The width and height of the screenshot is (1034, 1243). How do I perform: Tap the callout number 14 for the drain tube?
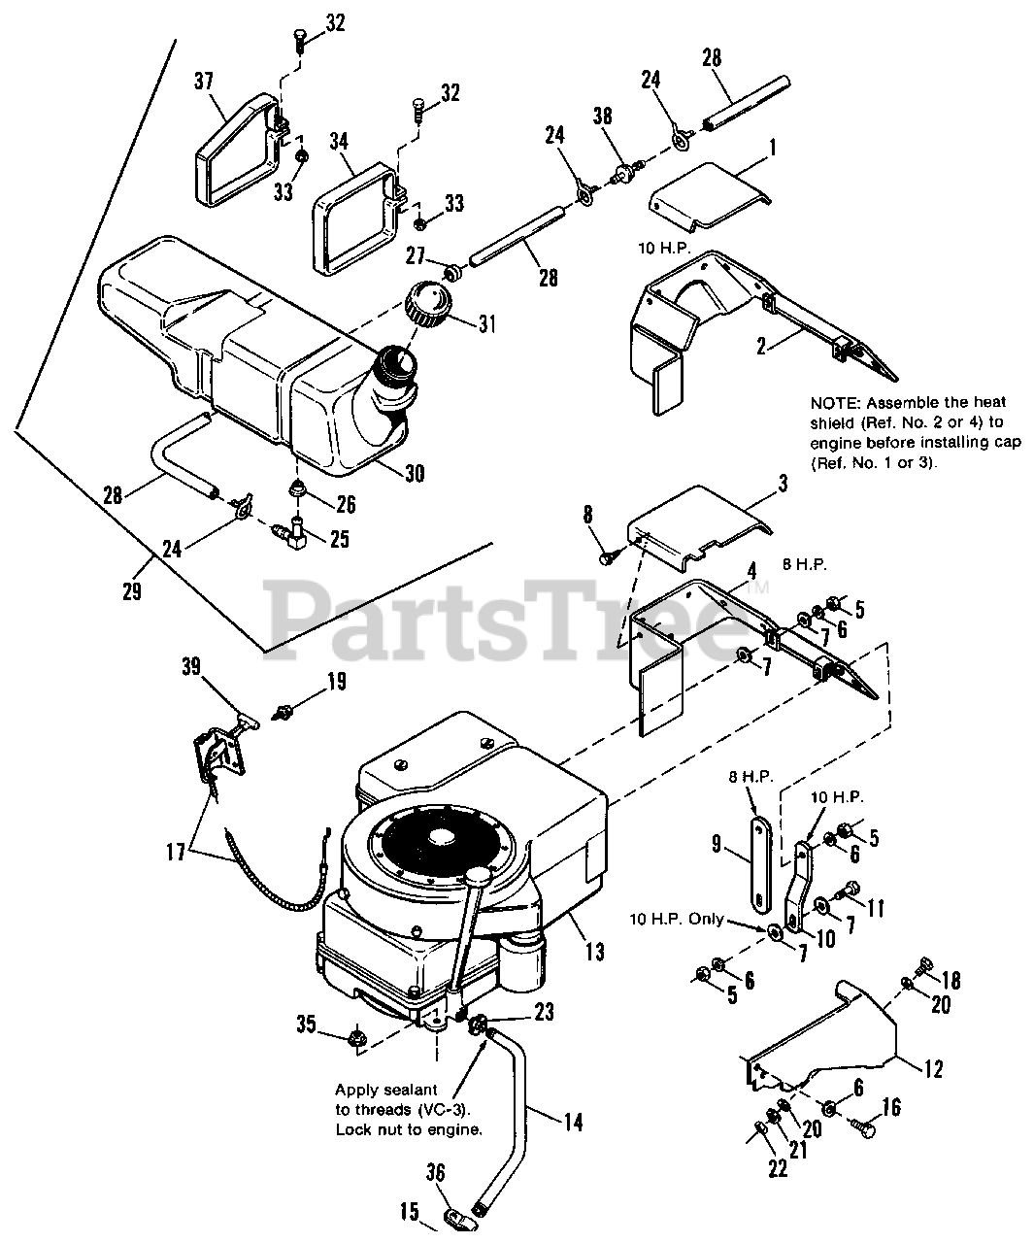[573, 1122]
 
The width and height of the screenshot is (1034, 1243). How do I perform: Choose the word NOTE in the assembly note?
[832, 402]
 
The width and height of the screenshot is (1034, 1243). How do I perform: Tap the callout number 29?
[132, 589]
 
